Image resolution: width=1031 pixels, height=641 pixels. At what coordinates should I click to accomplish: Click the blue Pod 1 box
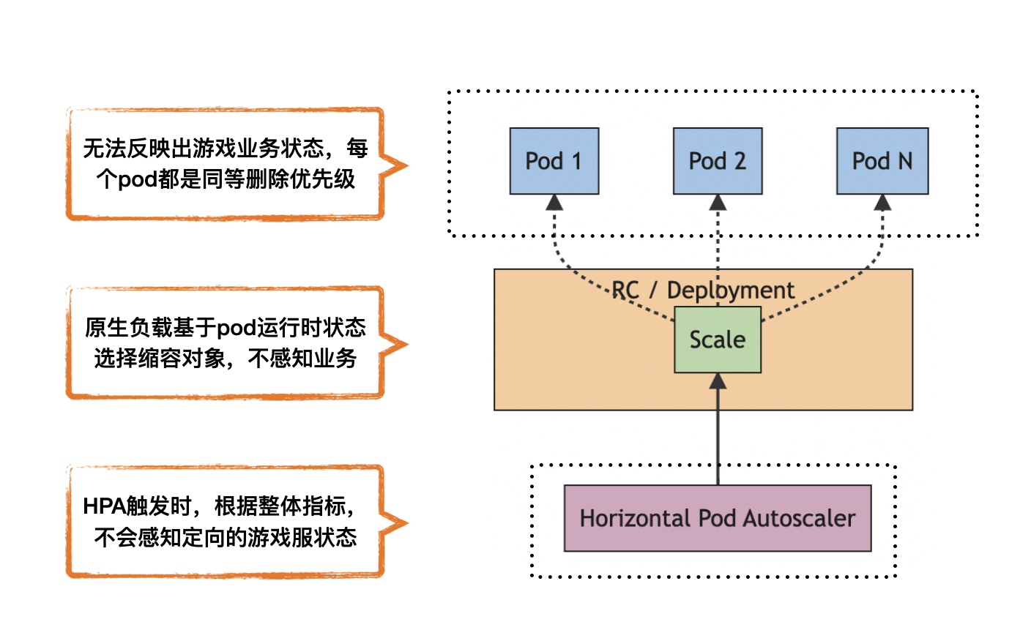pos(554,161)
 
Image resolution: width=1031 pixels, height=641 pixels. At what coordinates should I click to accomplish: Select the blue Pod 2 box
pos(718,161)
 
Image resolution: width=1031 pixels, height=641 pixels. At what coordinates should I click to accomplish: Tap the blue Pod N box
pos(882,161)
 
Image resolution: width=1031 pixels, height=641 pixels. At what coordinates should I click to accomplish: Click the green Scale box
pos(718,340)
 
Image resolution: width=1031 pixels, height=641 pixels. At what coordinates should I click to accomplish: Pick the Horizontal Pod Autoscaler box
pos(718,518)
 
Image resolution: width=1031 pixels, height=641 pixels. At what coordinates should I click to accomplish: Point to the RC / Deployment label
pos(703,290)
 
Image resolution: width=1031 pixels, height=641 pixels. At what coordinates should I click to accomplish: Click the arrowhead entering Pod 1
pos(554,203)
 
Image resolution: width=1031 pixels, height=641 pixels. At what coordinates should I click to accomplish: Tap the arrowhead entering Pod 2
pos(718,203)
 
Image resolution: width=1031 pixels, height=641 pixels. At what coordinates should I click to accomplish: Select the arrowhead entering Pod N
pos(882,203)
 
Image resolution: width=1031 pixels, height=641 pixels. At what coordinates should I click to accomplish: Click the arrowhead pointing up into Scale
pos(718,381)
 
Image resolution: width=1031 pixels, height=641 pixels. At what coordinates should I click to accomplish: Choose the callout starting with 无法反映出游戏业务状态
pos(226,164)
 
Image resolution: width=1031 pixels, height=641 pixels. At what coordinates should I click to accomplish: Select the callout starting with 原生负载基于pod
pos(226,342)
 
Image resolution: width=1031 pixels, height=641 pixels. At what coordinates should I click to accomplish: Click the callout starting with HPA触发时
pos(226,521)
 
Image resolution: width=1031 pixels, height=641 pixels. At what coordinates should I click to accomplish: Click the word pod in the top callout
pos(137,179)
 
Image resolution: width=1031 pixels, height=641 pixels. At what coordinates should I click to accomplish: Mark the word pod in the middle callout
pos(237,327)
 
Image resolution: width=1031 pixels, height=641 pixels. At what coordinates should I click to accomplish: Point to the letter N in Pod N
pos(905,161)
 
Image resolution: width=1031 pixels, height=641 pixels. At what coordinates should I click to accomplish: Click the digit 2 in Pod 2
pos(740,161)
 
